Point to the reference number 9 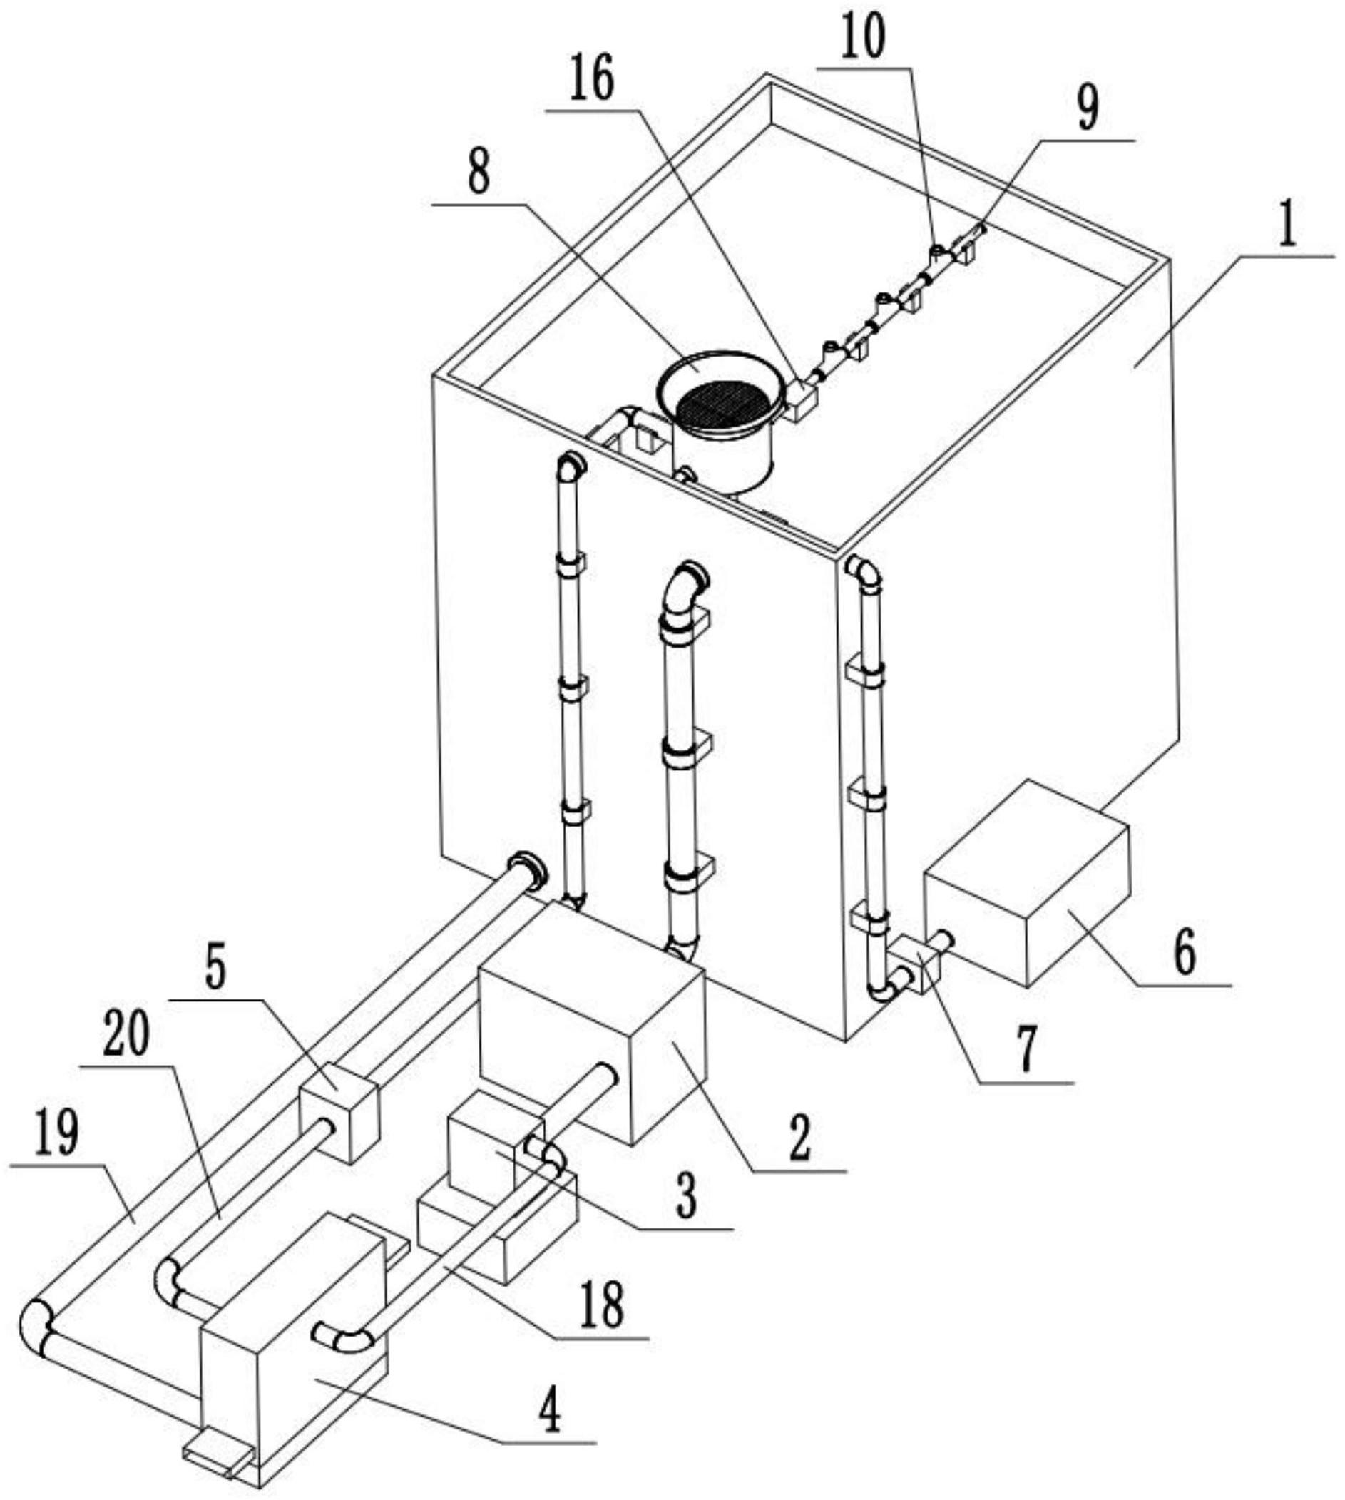[x=1086, y=108]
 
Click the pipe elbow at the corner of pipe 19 [x=35, y=1325]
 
